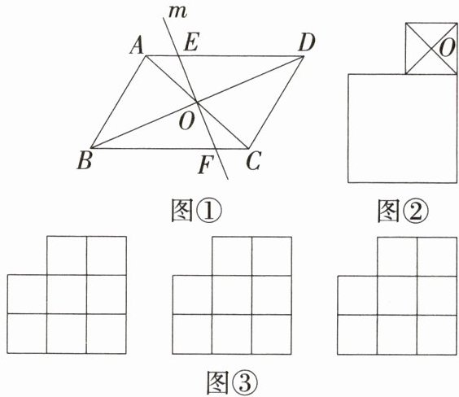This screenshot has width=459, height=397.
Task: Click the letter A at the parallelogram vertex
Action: pos(137,46)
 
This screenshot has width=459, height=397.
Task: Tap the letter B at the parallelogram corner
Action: pos(85,161)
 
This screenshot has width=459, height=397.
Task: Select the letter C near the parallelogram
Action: pos(253,161)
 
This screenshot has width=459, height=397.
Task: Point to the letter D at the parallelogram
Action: pos(307,43)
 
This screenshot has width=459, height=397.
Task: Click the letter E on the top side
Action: pos(192,41)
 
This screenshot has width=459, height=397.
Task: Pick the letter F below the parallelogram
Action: pos(206,164)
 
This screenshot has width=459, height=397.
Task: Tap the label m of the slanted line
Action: pos(178,12)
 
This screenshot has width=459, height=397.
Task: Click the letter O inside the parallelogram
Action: pos(186,122)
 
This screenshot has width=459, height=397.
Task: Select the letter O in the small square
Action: pos(448,48)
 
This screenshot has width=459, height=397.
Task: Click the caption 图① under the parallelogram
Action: pos(196,211)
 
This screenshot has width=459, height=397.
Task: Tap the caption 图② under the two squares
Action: pos(404,211)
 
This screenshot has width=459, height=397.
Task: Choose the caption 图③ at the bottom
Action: pos(233,382)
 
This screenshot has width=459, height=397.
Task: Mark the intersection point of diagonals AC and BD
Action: pos(197,103)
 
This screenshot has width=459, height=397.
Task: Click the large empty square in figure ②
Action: pos(403,129)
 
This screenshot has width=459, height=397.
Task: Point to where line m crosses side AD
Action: pos(178,55)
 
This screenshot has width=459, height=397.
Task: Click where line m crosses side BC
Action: pos(216,149)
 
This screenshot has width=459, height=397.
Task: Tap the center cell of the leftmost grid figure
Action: pos(67,294)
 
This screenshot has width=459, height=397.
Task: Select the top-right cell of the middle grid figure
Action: pos(272,256)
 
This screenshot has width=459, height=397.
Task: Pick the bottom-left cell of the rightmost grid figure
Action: pos(357,335)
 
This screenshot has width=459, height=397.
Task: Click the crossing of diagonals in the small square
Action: pos(431,49)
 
